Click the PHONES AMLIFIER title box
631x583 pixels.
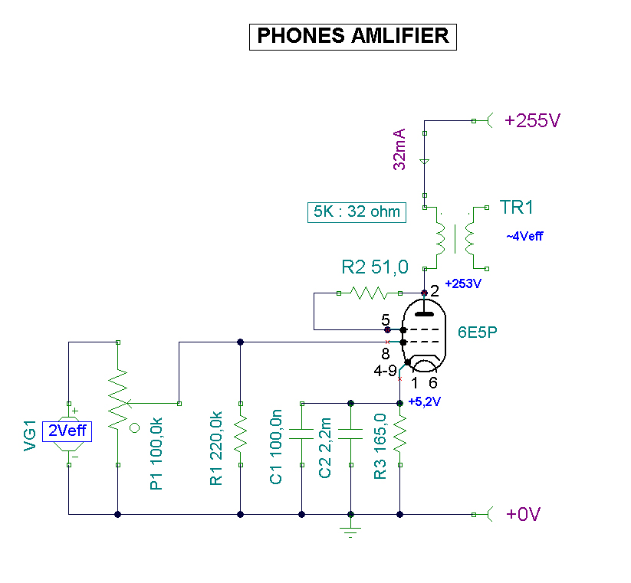(353, 36)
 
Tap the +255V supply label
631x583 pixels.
(533, 120)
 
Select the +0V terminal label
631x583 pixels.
(524, 514)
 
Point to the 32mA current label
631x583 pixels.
(399, 150)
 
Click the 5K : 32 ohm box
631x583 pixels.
(356, 211)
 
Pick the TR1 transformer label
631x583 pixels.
(517, 208)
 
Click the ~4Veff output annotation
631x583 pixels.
(524, 236)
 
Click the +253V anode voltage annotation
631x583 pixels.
(463, 283)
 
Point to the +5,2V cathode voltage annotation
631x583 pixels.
(424, 401)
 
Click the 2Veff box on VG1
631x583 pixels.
(67, 431)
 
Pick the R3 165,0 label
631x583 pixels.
(380, 448)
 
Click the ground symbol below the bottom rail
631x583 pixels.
(350, 531)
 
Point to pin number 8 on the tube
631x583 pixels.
(385, 354)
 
